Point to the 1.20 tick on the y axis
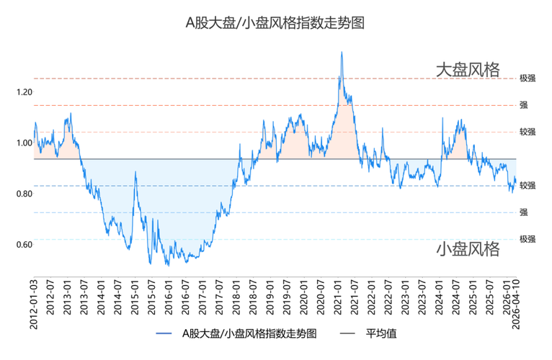click(24, 92)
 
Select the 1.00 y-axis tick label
click(24, 143)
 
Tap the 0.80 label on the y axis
click(24, 194)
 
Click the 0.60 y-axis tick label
click(24, 245)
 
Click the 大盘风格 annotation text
click(467, 70)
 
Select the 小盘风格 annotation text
click(467, 250)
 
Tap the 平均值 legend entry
click(381, 334)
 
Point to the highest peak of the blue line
click(341, 53)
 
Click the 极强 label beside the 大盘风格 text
click(527, 78)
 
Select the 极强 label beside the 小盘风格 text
click(527, 239)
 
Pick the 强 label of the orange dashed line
click(523, 105)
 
